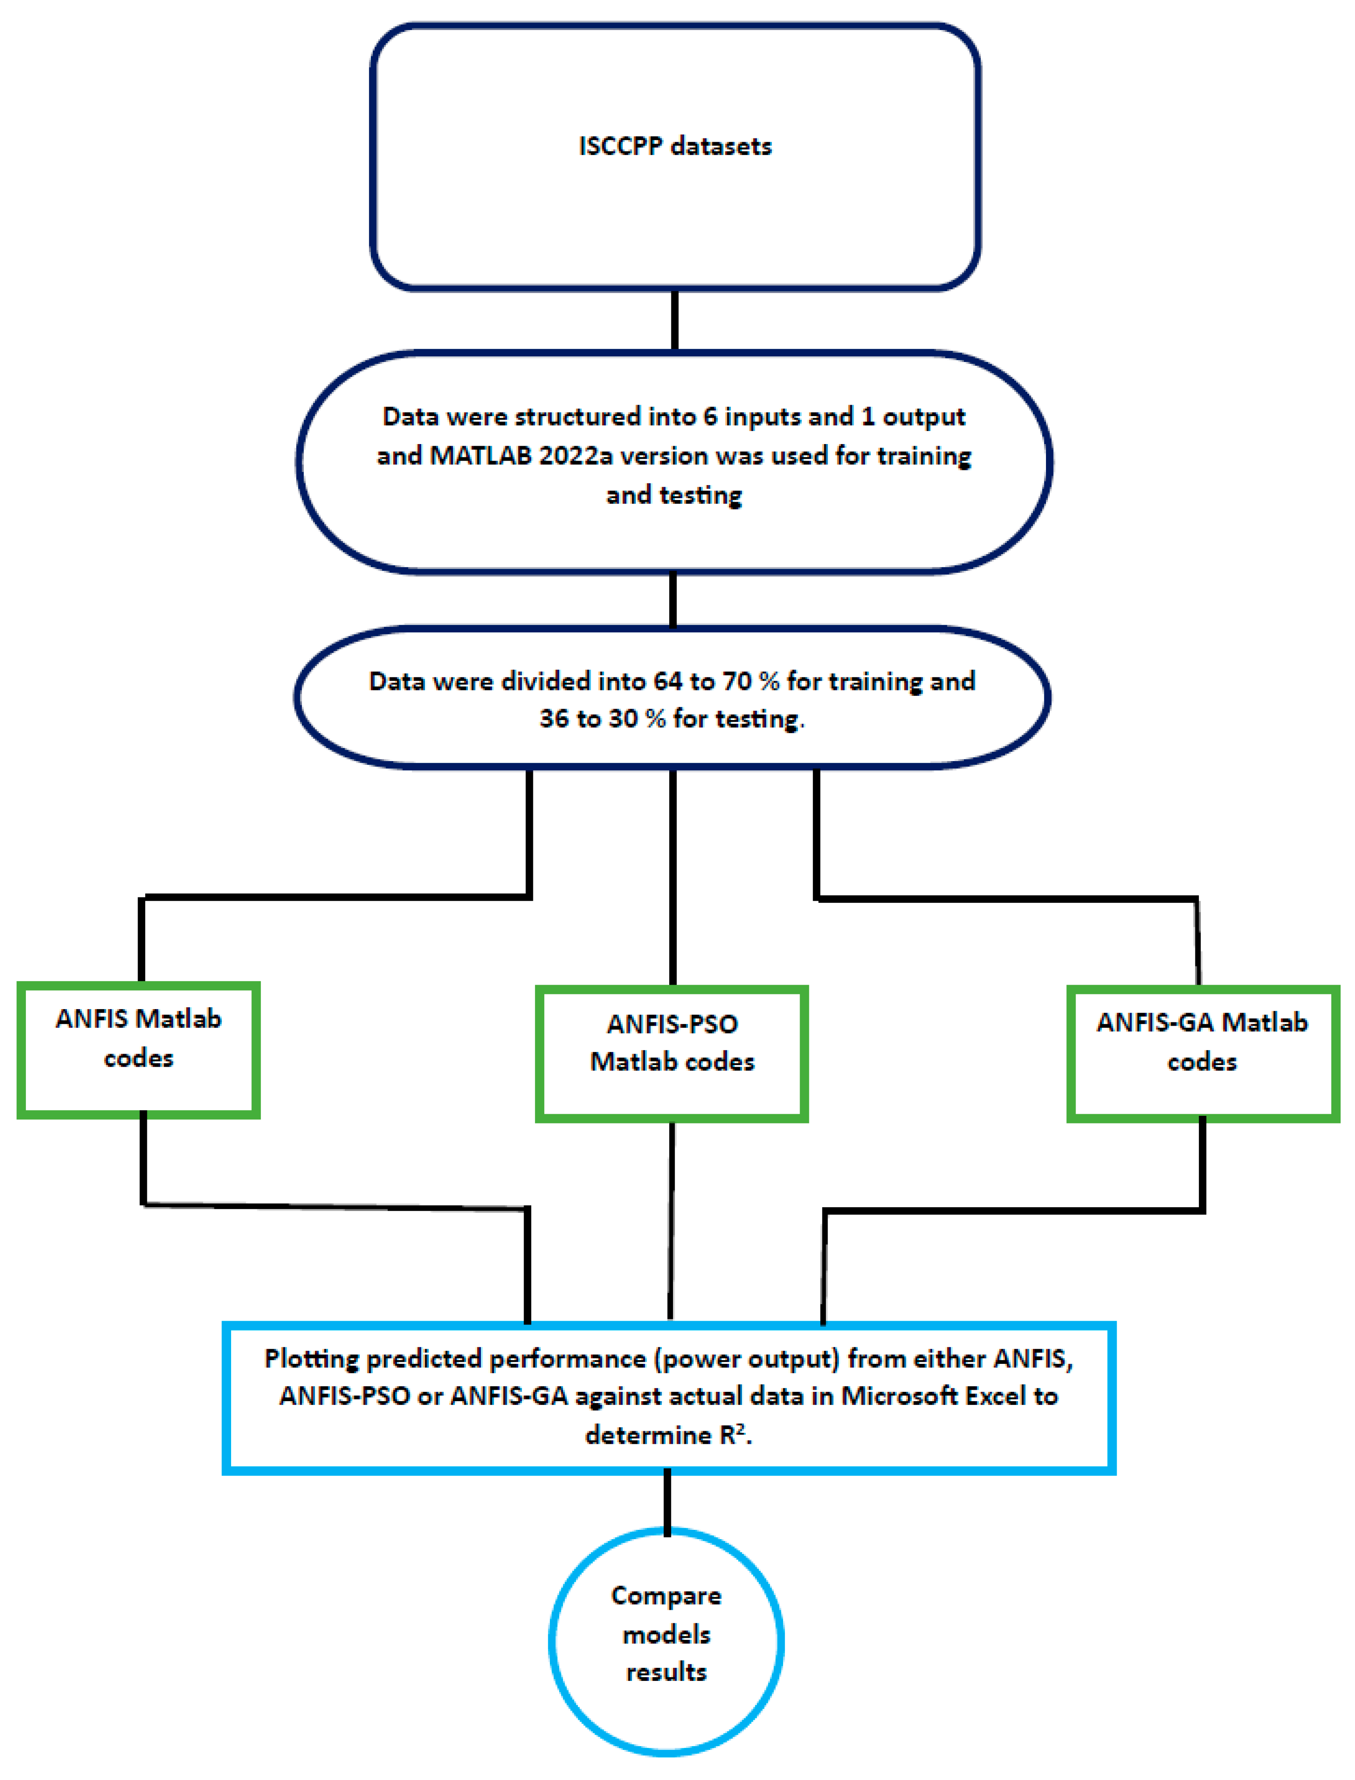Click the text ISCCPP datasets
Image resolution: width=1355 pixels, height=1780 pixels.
point(675,146)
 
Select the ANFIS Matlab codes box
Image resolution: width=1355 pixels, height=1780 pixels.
point(139,1049)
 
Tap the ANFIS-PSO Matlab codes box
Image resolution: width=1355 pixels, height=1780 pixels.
point(672,1053)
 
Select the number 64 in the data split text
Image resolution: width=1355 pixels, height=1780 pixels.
point(668,682)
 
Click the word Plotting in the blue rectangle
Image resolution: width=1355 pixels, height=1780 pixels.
point(312,1359)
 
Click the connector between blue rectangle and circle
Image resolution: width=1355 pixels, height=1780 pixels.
point(667,1502)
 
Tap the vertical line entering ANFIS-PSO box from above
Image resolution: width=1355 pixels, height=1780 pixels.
point(673,879)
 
